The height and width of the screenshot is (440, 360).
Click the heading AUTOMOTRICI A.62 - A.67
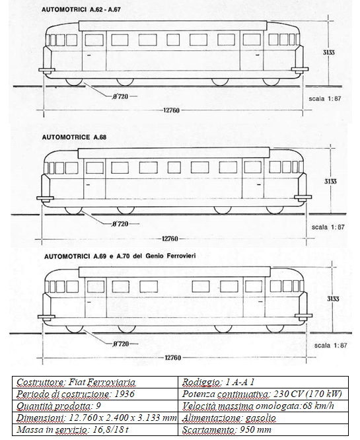point(81,9)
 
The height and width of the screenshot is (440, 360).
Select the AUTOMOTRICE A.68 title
point(74,137)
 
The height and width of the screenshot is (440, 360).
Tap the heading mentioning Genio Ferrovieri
point(120,256)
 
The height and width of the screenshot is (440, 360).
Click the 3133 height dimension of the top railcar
point(328,52)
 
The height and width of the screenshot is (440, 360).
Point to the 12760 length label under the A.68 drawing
point(170,238)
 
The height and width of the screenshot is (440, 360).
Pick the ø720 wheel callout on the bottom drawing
point(121,344)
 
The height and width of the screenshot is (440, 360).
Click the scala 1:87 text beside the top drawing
point(324,99)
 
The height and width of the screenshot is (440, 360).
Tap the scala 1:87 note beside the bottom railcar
point(330,346)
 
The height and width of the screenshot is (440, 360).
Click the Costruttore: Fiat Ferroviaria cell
point(95,383)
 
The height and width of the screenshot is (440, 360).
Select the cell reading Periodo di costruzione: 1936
point(95,394)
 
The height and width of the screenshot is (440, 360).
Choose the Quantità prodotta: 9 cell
point(95,406)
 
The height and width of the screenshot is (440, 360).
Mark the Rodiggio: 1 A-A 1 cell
point(263,383)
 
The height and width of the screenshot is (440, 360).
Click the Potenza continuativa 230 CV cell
point(263,394)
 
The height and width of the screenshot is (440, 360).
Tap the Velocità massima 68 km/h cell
point(263,406)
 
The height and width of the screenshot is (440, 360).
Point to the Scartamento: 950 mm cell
point(263,429)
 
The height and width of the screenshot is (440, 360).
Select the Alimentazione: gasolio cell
point(263,418)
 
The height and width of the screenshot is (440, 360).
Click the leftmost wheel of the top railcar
point(74,82)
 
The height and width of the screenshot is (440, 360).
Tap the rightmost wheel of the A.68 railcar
point(275,211)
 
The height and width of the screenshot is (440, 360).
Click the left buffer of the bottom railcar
point(46,317)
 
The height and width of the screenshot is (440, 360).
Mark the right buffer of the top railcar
point(300,69)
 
